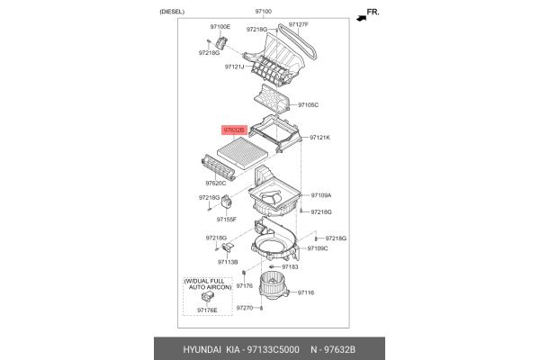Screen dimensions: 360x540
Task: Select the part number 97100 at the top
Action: click(263, 11)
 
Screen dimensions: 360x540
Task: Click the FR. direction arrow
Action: click(366, 15)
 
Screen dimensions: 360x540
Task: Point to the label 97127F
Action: click(298, 24)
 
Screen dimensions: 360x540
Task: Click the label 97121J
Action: click(235, 66)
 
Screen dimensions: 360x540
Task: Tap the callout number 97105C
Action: click(309, 105)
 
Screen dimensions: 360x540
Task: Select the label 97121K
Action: click(320, 138)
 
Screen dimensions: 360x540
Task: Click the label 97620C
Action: click(215, 184)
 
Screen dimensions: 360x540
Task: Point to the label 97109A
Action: click(321, 195)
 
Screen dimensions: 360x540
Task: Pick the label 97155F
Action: click(224, 219)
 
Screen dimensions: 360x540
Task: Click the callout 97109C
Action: click(317, 247)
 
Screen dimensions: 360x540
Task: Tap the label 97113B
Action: click(228, 261)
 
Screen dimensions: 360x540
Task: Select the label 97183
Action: click(290, 266)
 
